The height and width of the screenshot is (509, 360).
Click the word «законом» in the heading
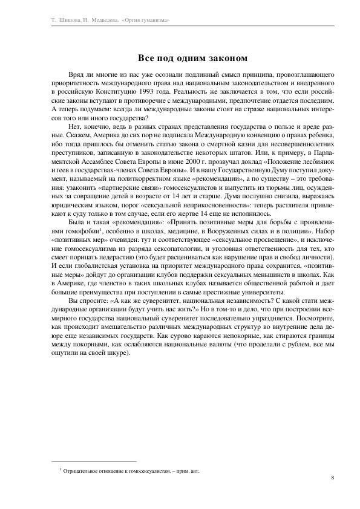tap(224, 58)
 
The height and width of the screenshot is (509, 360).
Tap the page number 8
tap(333, 478)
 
